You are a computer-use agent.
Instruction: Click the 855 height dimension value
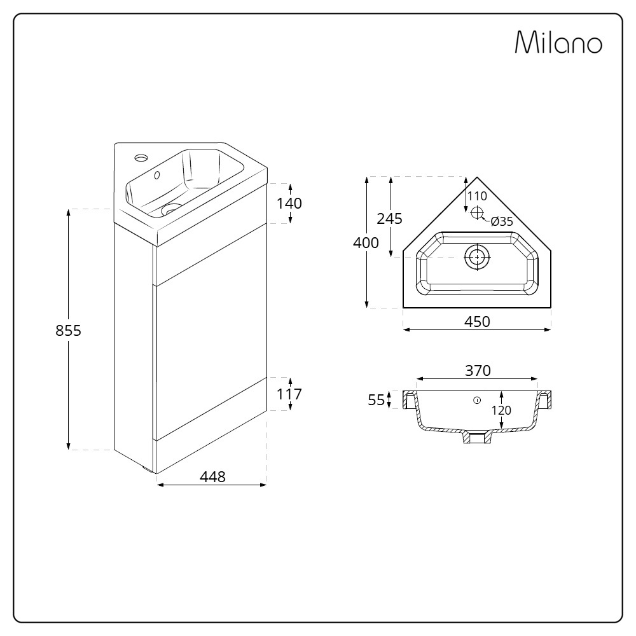click(x=69, y=331)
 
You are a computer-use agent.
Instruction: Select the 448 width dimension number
click(x=212, y=477)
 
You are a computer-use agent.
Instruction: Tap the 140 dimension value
click(x=289, y=204)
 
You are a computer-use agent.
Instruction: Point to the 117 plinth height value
click(x=289, y=394)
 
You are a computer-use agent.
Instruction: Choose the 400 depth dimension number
click(x=366, y=242)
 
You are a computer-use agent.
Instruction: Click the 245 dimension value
click(x=389, y=219)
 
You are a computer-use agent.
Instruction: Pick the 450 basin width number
click(x=477, y=322)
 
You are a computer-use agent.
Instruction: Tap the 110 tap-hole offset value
click(x=477, y=196)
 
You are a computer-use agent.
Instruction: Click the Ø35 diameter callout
click(x=502, y=221)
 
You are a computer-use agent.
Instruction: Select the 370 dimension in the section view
click(x=477, y=370)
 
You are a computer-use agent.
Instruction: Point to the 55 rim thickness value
click(x=377, y=400)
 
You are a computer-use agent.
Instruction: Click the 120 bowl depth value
click(x=502, y=410)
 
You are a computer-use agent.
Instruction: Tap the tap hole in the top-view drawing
click(x=477, y=214)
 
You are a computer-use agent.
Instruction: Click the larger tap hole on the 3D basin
click(x=140, y=156)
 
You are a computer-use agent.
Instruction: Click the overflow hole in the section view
click(x=477, y=400)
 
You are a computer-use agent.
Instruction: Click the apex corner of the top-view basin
click(x=477, y=177)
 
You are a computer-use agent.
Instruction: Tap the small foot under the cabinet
click(x=149, y=470)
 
